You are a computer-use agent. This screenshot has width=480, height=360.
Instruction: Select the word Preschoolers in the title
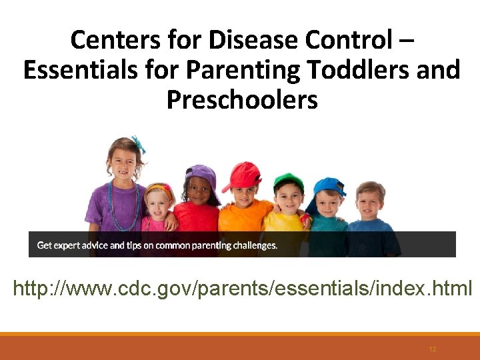(242, 99)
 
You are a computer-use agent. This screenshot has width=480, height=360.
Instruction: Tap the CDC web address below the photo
(242, 289)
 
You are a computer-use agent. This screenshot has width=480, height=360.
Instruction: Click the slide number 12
(433, 349)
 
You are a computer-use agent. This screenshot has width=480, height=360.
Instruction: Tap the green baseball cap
(289, 182)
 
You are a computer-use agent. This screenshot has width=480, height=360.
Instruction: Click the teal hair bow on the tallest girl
(138, 143)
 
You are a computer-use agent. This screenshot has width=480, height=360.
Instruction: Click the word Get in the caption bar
(44, 245)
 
